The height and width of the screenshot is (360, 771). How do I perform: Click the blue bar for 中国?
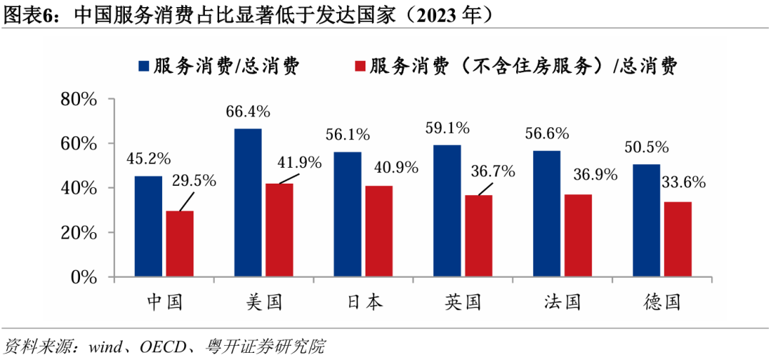(148, 226)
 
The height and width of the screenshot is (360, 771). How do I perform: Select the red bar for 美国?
(279, 230)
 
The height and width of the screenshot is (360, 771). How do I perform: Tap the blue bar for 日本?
(347, 214)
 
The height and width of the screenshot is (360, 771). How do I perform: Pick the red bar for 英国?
(478, 236)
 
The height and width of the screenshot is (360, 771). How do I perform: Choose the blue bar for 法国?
(546, 213)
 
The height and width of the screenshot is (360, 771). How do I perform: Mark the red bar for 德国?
(677, 239)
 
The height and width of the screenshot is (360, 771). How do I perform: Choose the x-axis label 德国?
(660, 301)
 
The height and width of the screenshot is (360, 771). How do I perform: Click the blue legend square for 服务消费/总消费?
(143, 66)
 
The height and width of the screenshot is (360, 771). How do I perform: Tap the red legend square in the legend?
(359, 66)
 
